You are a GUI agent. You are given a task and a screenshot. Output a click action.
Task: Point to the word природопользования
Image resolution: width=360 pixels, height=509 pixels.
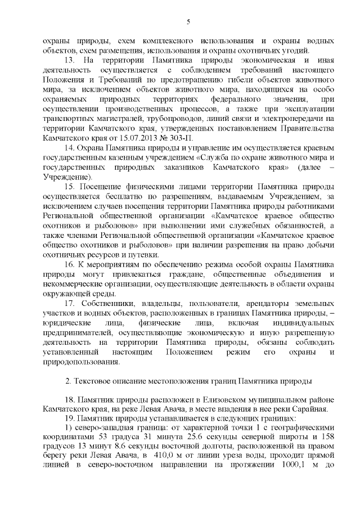pos(77,362)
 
